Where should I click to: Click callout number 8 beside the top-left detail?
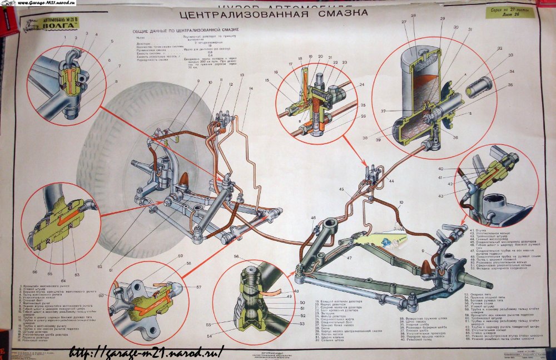(x=116, y=81)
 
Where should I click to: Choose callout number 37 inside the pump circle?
(x=384, y=111)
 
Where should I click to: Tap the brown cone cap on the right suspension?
(x=427, y=266)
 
